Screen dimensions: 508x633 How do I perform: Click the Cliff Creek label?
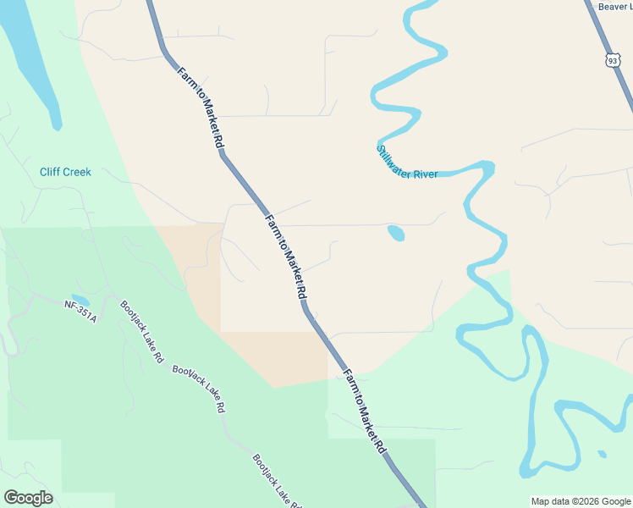(x=65, y=172)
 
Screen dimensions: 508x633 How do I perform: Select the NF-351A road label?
(x=81, y=311)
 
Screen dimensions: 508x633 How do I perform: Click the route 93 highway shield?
(x=612, y=60)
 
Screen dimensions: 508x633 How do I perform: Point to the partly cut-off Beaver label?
(x=615, y=7)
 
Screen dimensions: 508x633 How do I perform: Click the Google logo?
(x=28, y=498)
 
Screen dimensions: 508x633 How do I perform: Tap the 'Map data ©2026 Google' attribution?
(x=581, y=500)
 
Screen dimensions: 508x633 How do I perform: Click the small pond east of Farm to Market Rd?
(x=395, y=233)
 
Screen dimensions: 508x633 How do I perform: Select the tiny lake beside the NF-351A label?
(x=80, y=300)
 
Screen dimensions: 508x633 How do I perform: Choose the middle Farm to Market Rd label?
(x=286, y=256)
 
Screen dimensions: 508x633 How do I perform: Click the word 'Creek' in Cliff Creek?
(x=77, y=172)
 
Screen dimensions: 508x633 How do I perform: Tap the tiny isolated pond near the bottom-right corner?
(x=602, y=454)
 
